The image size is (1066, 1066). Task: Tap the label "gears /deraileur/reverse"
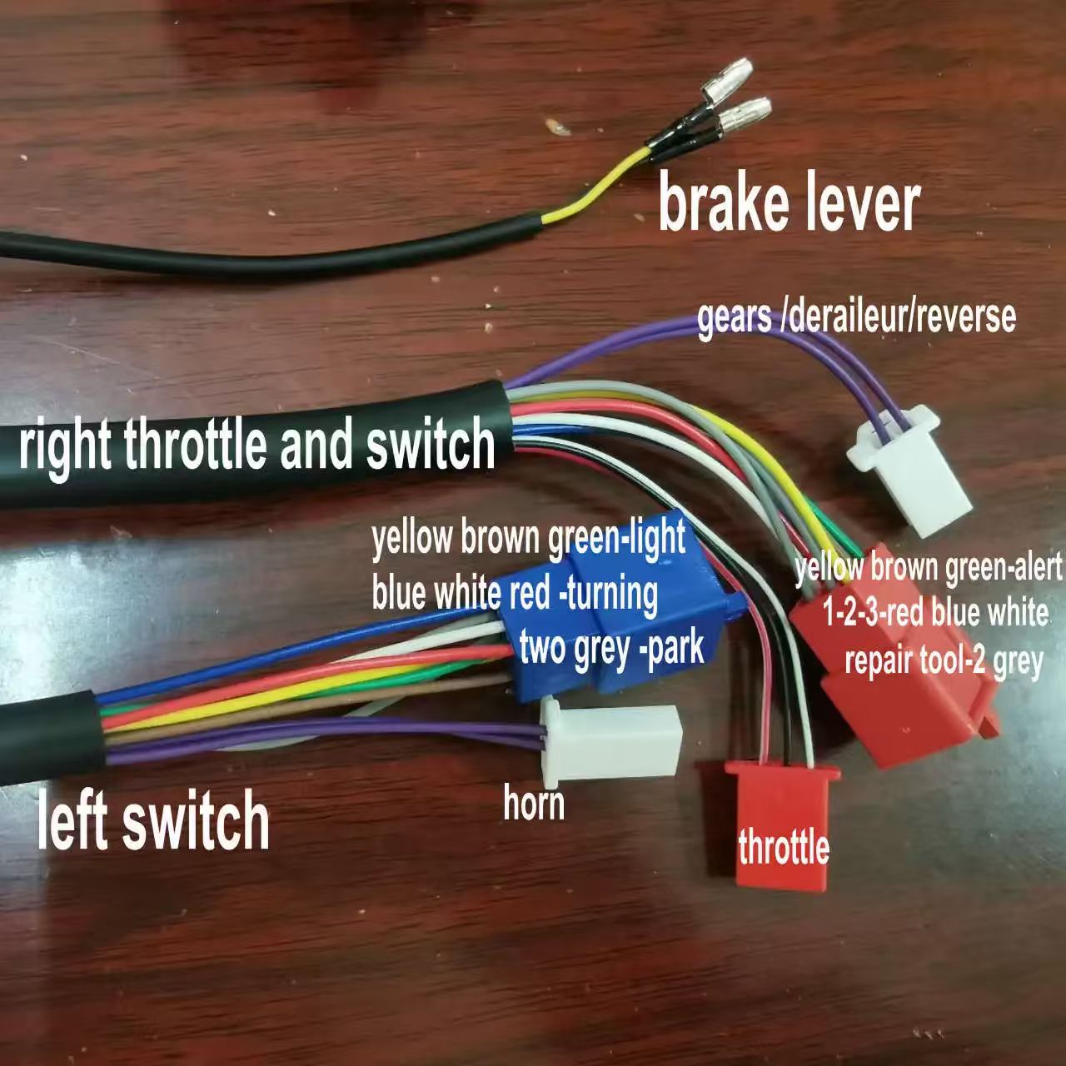click(856, 317)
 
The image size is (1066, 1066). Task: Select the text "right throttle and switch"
click(257, 446)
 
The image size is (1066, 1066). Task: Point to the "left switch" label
click(153, 821)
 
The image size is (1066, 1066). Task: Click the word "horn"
click(534, 804)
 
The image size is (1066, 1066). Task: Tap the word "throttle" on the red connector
click(784, 849)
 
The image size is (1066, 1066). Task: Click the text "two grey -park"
click(612, 647)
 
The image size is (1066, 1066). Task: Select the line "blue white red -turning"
click(515, 593)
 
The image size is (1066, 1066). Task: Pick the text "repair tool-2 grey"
click(944, 661)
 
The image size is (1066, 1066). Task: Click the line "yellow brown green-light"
click(529, 539)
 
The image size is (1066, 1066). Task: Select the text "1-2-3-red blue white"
click(935, 614)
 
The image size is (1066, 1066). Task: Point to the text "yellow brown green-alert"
click(929, 570)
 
